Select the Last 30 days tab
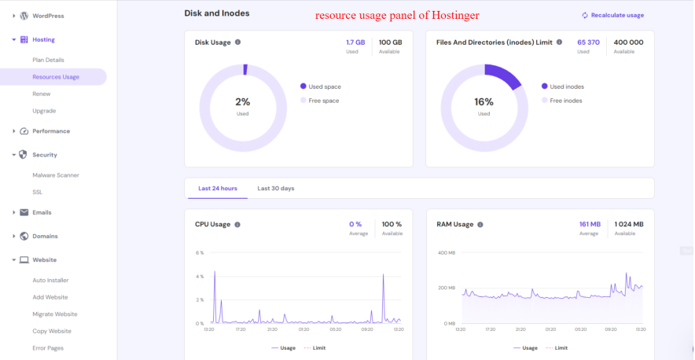point(276,189)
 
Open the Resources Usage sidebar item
point(55,77)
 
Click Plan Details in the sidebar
point(48,60)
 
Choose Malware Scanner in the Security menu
point(55,175)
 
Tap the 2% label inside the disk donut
point(242,102)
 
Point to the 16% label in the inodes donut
point(484,102)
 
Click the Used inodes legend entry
point(566,86)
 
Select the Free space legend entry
point(323,101)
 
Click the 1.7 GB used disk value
point(355,42)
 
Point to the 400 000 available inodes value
point(628,42)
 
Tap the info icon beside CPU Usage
point(237,224)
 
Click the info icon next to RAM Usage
point(480,224)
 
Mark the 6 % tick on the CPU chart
point(200,253)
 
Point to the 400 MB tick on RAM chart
point(447,253)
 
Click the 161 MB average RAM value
point(589,224)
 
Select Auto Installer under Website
point(50,280)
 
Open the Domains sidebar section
point(45,236)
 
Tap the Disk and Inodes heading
point(216,13)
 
